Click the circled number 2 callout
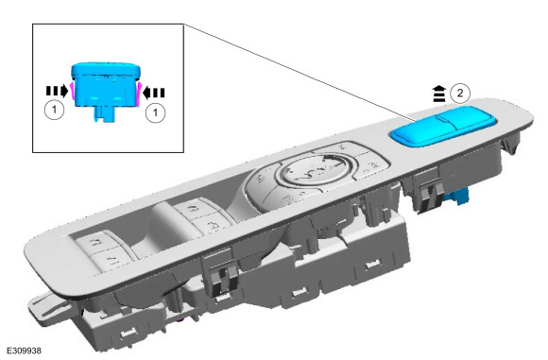pyautogui.click(x=460, y=94)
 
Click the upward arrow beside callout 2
pyautogui.click(x=439, y=94)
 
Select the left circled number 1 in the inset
pyautogui.click(x=54, y=110)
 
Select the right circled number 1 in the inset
pyautogui.click(x=155, y=112)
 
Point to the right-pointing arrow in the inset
pyautogui.click(x=57, y=91)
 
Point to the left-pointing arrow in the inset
pyautogui.click(x=154, y=93)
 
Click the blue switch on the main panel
pyautogui.click(x=443, y=127)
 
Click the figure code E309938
pyautogui.click(x=24, y=351)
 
